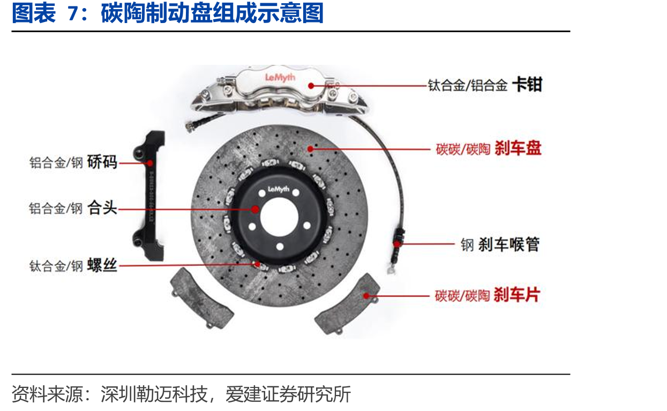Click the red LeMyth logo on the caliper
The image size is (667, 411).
pos(280,78)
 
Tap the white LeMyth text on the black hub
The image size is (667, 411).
pos(279,189)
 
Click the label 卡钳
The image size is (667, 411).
pos(527,85)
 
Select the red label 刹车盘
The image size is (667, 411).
pos(518,148)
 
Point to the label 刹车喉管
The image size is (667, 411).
pos(509,244)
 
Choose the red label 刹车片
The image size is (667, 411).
pos(516,295)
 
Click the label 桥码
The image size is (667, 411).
pos(102,162)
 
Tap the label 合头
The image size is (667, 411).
pos(102,207)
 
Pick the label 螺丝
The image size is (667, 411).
pos(102,265)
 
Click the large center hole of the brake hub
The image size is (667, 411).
pos(279,217)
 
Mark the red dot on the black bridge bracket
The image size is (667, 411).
pos(150,163)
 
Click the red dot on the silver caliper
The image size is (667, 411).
pos(311,86)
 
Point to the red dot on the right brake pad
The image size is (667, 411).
pos(366,295)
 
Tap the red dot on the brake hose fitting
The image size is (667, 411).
pos(396,244)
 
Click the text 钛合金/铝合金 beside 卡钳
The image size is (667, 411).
pos(468,86)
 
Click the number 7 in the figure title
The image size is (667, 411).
pos(73,14)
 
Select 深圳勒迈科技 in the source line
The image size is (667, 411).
pos(154,394)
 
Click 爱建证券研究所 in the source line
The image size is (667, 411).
pos(288,394)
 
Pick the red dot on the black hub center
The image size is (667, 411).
pos(255,210)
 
